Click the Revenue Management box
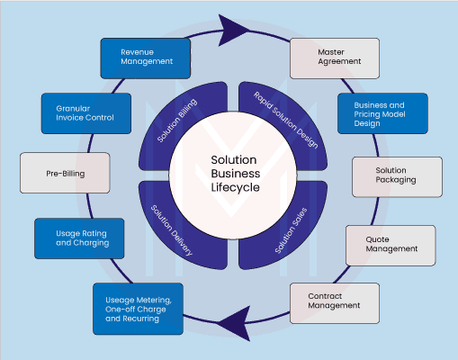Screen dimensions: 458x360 [x=146, y=58]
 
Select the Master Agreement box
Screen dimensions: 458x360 [x=335, y=58]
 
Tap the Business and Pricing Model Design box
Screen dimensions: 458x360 [x=382, y=113]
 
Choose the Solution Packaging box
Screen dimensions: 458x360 [x=397, y=176]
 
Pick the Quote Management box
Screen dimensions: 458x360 [x=391, y=246]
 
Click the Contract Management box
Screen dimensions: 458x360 [x=335, y=303]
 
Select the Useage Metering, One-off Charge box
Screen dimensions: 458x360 [x=138, y=309]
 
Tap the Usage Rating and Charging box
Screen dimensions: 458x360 [x=79, y=238]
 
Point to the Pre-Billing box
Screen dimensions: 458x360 [x=65, y=173]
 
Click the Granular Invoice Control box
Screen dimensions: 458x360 [x=86, y=113]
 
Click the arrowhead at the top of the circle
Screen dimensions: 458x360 [x=231, y=30]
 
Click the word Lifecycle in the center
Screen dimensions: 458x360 [x=235, y=187]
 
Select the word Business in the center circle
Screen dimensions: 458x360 [x=236, y=174]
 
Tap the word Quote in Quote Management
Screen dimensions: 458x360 [x=377, y=239]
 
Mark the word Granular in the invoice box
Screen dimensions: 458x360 [x=73, y=108]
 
